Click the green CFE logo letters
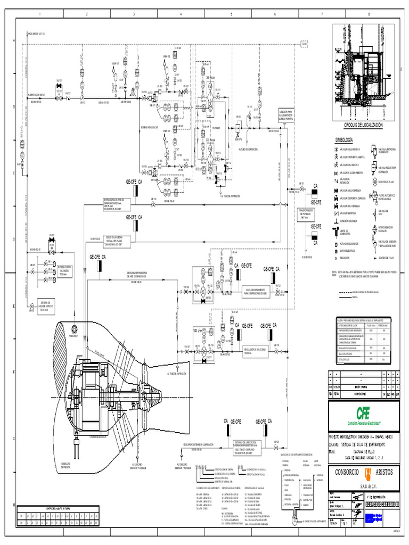[x=363, y=412]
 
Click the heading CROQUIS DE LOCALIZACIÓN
[x=363, y=124]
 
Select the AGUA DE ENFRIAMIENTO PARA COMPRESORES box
[x=257, y=292]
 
